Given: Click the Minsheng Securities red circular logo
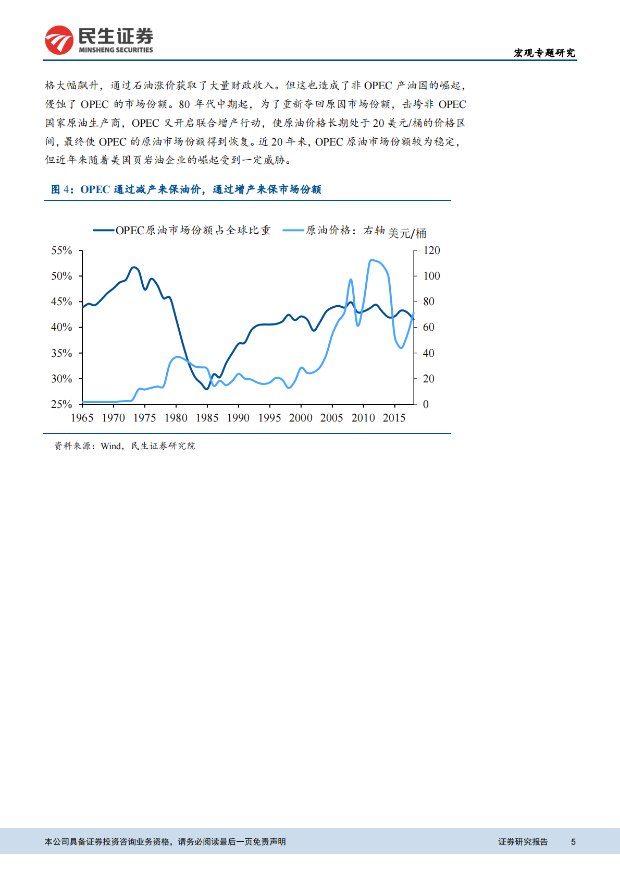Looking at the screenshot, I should (59, 40).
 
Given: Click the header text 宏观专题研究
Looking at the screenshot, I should (544, 53).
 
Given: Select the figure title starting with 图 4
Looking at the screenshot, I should (186, 189).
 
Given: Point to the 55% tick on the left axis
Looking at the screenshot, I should (61, 250).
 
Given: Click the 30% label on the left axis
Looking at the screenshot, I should (61, 379).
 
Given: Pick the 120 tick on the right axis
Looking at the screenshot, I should (431, 250).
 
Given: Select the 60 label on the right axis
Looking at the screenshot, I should (428, 327).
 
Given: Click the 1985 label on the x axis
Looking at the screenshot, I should (207, 418).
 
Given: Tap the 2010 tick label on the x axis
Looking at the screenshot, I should (363, 418).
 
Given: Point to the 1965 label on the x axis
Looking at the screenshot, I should (82, 418).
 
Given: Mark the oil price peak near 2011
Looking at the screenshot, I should (371, 260).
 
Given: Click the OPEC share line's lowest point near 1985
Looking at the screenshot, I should (206, 389).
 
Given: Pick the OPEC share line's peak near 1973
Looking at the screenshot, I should (134, 267).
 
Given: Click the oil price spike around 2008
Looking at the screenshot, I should (351, 280).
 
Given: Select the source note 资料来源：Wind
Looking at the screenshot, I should (125, 446).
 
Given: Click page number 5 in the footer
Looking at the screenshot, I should (573, 841).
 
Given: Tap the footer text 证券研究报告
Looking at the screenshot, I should (523, 841).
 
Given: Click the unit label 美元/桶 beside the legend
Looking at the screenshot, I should (407, 233).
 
